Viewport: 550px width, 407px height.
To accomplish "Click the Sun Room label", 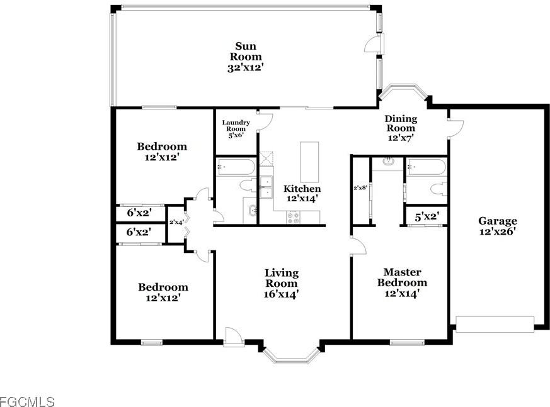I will [x=244, y=51].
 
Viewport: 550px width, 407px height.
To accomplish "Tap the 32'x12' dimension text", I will [x=244, y=67].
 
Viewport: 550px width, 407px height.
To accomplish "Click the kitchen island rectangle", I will [x=309, y=162].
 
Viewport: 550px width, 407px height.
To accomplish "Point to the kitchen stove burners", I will [x=294, y=217].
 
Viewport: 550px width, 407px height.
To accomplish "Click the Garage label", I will [x=497, y=221].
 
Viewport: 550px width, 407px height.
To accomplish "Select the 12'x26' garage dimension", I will [x=497, y=231].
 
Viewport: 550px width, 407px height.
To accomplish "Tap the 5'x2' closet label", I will [x=427, y=216].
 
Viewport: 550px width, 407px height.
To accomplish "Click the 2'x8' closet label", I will [x=360, y=187].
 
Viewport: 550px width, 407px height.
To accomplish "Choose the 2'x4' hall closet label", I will [x=176, y=222].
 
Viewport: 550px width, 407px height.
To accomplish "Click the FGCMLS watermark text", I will [x=27, y=401].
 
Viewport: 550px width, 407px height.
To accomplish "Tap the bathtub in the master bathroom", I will [x=427, y=167].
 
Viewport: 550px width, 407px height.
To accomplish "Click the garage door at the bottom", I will [x=494, y=324].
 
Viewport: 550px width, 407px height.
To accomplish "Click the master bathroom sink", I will [x=387, y=162].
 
